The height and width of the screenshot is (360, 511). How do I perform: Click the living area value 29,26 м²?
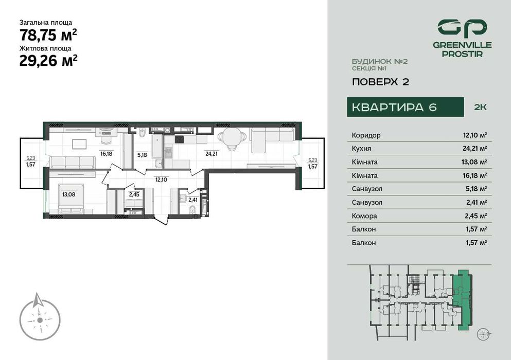(x=48, y=61)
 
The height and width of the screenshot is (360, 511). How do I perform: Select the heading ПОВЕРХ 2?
(x=380, y=81)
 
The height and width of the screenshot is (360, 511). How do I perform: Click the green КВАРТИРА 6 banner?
(x=394, y=107)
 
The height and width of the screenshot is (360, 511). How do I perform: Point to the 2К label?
(x=480, y=107)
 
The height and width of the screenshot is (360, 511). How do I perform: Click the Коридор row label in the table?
(x=366, y=135)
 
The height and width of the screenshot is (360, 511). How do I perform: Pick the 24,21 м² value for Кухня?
(x=474, y=149)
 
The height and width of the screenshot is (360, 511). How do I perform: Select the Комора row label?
(x=364, y=216)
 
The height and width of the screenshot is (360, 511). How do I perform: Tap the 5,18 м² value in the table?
(x=476, y=189)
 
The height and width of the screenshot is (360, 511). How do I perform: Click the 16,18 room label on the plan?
(x=107, y=153)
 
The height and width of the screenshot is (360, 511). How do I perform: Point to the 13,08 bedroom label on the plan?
(x=68, y=194)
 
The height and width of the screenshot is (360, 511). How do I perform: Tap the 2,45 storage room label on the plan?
(x=134, y=194)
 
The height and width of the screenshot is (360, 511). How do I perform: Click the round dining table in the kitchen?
(x=228, y=137)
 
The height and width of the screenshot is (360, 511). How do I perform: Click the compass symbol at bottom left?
(x=40, y=319)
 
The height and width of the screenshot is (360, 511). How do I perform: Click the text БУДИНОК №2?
(x=380, y=61)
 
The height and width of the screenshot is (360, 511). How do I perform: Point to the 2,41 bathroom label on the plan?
(x=193, y=200)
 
